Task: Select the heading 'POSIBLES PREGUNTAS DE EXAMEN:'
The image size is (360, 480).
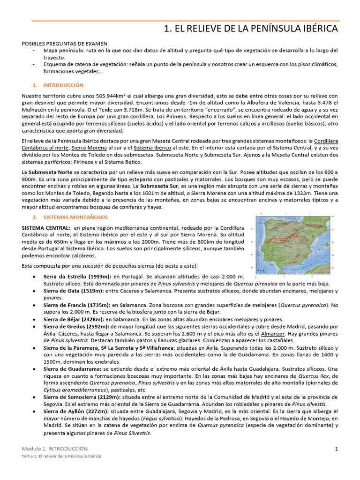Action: [65, 43]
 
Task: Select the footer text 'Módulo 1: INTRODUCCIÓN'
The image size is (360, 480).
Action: [55, 449]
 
